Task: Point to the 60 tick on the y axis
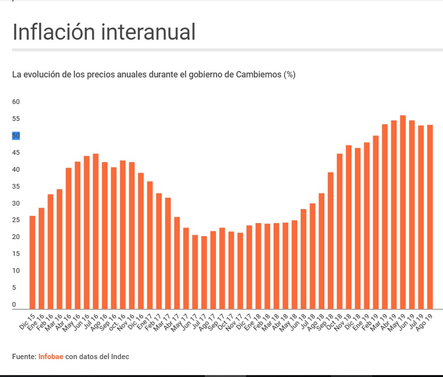[16, 102]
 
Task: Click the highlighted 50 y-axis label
[16, 136]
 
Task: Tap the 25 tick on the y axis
[16, 220]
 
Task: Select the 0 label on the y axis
[14, 304]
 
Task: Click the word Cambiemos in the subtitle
[259, 75]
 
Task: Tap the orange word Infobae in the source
[51, 357]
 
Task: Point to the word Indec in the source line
[119, 357]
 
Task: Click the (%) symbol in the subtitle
[290, 75]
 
